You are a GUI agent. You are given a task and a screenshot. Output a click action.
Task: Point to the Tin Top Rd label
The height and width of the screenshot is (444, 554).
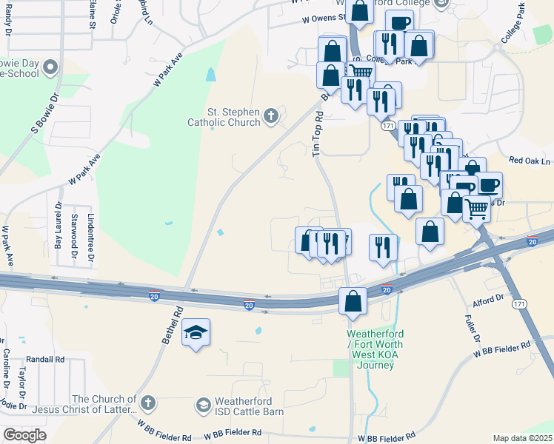pyautogui.click(x=319, y=134)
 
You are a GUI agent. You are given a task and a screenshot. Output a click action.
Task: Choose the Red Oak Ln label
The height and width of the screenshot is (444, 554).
pyautogui.click(x=530, y=161)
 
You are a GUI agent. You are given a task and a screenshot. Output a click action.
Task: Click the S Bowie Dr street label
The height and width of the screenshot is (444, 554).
pyautogui.click(x=44, y=113)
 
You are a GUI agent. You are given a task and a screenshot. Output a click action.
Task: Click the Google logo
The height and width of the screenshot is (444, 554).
pyautogui.click(x=24, y=434)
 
